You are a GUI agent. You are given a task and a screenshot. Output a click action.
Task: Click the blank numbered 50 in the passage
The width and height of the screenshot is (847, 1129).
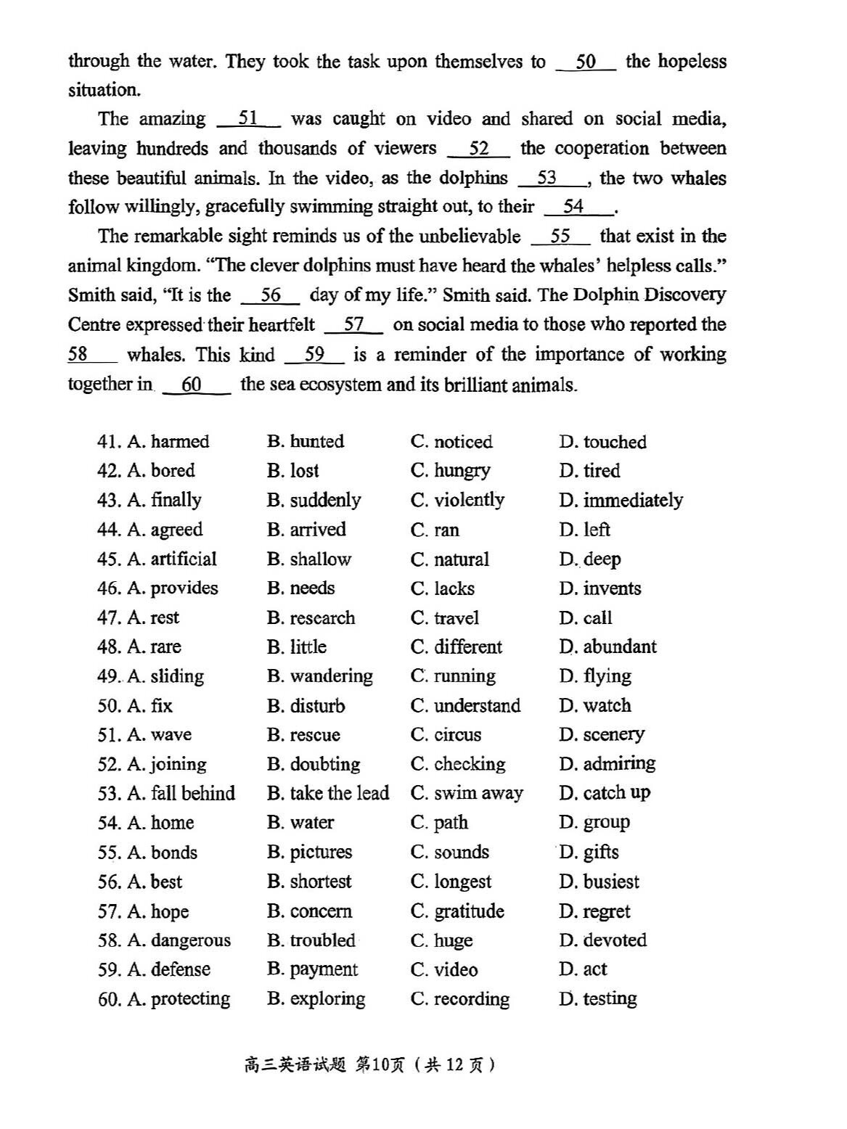(586, 62)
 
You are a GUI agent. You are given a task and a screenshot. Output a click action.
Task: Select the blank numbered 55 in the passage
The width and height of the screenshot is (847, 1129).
(560, 237)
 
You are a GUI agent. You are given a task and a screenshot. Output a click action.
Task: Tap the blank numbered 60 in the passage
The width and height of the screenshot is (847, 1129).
(192, 385)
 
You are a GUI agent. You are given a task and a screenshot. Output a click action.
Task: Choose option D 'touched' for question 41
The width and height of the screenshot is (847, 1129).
(602, 442)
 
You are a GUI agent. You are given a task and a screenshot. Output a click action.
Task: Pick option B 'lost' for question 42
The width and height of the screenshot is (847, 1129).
(293, 471)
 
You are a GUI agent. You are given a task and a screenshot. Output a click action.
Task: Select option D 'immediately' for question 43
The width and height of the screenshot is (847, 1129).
(621, 501)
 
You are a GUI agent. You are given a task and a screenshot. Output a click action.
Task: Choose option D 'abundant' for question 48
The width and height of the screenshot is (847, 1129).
(607, 647)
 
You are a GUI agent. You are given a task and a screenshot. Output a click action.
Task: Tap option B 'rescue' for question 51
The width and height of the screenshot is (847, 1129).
(303, 735)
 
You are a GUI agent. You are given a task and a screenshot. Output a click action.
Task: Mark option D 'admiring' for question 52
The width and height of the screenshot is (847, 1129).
(607, 764)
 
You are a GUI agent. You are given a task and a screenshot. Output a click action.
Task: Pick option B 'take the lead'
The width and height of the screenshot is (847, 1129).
(328, 793)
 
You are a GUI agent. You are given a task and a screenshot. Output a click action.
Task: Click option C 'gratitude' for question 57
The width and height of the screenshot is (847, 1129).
(457, 911)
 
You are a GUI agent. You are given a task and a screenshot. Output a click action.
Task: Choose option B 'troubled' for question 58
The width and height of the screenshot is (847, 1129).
(311, 940)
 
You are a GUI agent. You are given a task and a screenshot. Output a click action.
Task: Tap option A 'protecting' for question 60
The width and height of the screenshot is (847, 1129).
(179, 999)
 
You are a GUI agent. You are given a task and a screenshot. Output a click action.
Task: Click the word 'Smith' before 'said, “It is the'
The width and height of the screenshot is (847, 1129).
(91, 296)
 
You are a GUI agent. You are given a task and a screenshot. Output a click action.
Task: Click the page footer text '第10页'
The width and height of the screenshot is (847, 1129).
(380, 1064)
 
